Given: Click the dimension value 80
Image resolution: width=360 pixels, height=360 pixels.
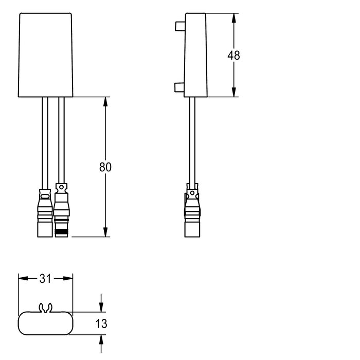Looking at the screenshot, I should pyautogui.click(x=105, y=167).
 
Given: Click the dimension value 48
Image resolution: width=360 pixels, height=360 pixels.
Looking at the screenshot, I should pyautogui.click(x=234, y=56).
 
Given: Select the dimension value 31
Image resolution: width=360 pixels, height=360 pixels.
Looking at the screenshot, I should pyautogui.click(x=45, y=279).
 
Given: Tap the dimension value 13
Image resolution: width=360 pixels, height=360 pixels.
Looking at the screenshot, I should pyautogui.click(x=101, y=324).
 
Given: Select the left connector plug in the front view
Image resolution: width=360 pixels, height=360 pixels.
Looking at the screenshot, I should pyautogui.click(x=44, y=213).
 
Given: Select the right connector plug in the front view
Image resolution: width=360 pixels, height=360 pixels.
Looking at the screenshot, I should pyautogui.click(x=62, y=211).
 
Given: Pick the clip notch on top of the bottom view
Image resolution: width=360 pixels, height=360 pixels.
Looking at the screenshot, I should pyautogui.click(x=45, y=308).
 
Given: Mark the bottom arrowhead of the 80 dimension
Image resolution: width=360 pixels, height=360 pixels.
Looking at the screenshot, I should pyautogui.click(x=106, y=233).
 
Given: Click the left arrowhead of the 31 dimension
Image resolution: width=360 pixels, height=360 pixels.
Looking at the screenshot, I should pyautogui.click(x=21, y=279).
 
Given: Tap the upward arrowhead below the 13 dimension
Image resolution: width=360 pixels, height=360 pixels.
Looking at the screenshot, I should pyautogui.click(x=101, y=339).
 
